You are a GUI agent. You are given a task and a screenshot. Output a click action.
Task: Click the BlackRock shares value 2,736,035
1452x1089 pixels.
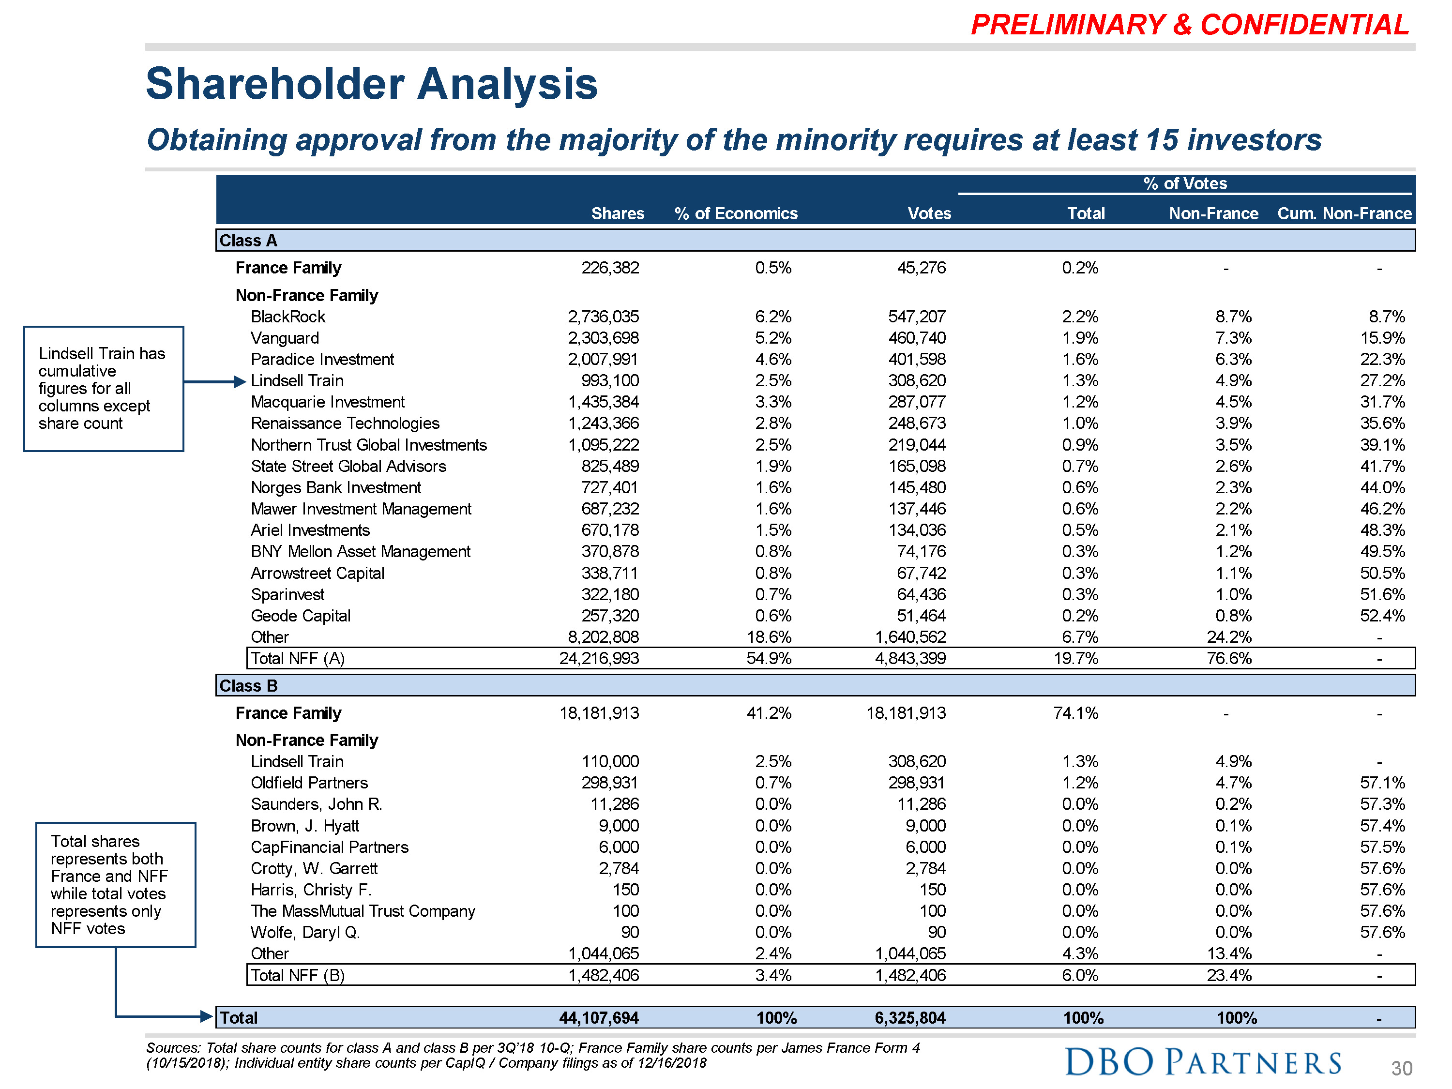(x=603, y=317)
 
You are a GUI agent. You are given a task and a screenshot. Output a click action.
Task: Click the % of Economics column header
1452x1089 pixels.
(x=735, y=213)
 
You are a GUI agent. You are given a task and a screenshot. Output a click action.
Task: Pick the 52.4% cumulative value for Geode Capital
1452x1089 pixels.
(x=1382, y=616)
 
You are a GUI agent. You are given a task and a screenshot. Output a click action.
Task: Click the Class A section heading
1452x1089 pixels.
(x=248, y=241)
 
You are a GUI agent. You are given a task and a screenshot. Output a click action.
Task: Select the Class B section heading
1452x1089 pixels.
(x=248, y=686)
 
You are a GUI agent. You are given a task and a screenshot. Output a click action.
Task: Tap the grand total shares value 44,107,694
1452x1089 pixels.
(x=598, y=1018)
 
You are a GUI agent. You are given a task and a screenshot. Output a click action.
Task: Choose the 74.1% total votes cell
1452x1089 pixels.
(x=1075, y=713)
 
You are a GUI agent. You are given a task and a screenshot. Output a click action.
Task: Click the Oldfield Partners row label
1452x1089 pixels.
(x=309, y=783)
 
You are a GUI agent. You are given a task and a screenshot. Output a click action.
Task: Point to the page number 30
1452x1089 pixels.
(x=1401, y=1069)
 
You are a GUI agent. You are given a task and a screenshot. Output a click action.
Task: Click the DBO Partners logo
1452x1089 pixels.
(x=1203, y=1062)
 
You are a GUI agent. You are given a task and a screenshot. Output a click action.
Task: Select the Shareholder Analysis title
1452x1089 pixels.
(x=372, y=84)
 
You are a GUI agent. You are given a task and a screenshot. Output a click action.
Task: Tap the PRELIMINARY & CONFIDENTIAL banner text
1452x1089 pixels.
(x=1190, y=25)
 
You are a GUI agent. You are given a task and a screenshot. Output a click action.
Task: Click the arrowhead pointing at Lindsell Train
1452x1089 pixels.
(x=240, y=382)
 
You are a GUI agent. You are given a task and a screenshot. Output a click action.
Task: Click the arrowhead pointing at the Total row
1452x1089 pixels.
(x=207, y=1017)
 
